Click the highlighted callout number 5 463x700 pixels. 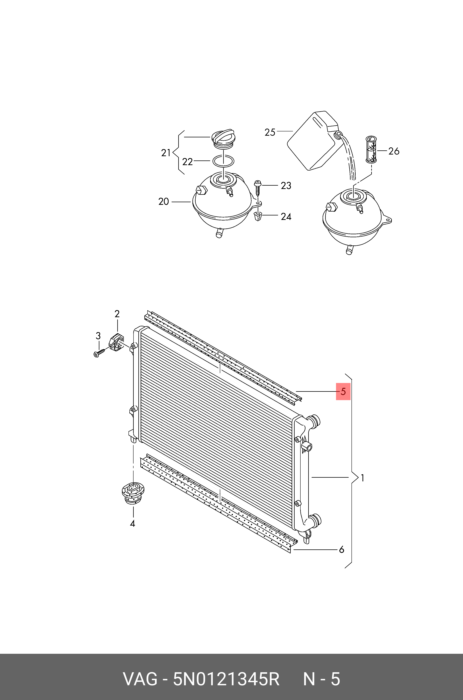coord(343,392)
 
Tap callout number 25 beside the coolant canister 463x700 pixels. coord(270,132)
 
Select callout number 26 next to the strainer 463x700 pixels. coord(394,151)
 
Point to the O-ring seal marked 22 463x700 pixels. coord(224,161)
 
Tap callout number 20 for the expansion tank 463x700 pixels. coord(163,202)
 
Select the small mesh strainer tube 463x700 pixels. coord(371,149)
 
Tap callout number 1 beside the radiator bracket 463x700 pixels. coord(362,478)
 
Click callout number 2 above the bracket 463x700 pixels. coord(117,314)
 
